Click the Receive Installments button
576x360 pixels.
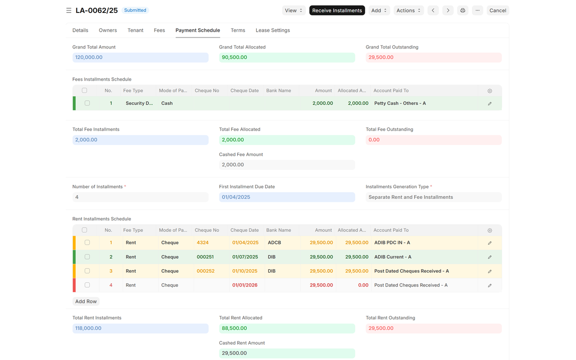pyautogui.click(x=337, y=10)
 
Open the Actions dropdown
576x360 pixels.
pyautogui.click(x=408, y=10)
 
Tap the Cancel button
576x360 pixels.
pyautogui.click(x=498, y=10)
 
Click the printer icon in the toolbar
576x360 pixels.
pyautogui.click(x=463, y=10)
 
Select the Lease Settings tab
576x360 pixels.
pyautogui.click(x=273, y=30)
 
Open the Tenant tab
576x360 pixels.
pyautogui.click(x=135, y=30)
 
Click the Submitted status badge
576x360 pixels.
pyautogui.click(x=135, y=10)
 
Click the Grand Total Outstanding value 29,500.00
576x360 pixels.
pyautogui.click(x=381, y=57)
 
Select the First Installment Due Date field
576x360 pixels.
pyautogui.click(x=287, y=197)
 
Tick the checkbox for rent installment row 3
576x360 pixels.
pyautogui.click(x=87, y=271)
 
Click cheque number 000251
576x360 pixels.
pyautogui.click(x=205, y=257)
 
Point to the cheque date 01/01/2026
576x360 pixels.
pyautogui.click(x=245, y=285)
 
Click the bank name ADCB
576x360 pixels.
pyautogui.click(x=275, y=242)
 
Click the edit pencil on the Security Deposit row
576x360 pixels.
pyautogui.click(x=490, y=103)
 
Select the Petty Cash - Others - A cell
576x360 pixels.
pyautogui.click(x=400, y=103)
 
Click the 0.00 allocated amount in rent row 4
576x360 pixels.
pyautogui.click(x=363, y=285)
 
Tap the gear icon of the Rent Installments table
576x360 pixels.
pyautogui.click(x=490, y=230)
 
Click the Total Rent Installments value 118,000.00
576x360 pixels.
pyautogui.click(x=88, y=328)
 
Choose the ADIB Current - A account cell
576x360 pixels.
pyautogui.click(x=393, y=257)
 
